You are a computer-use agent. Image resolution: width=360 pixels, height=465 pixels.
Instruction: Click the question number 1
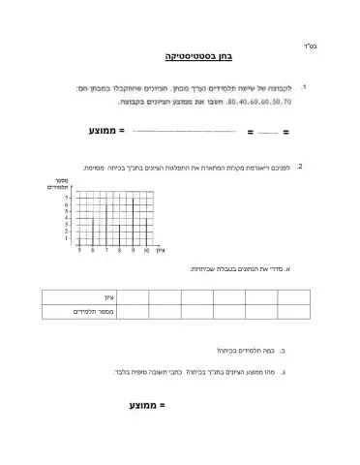305,87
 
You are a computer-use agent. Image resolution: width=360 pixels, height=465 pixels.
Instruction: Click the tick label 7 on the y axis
67,197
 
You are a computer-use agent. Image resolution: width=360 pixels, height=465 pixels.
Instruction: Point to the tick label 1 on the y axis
67,238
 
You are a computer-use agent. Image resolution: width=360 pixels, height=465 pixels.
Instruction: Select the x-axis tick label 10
146,250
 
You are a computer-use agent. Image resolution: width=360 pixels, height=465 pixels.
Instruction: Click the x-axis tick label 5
79,250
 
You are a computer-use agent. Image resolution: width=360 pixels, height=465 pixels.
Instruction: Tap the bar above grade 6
93,231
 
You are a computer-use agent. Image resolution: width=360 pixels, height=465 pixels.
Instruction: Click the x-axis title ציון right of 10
161,251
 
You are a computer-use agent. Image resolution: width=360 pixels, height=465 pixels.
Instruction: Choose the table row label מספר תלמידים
96,311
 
